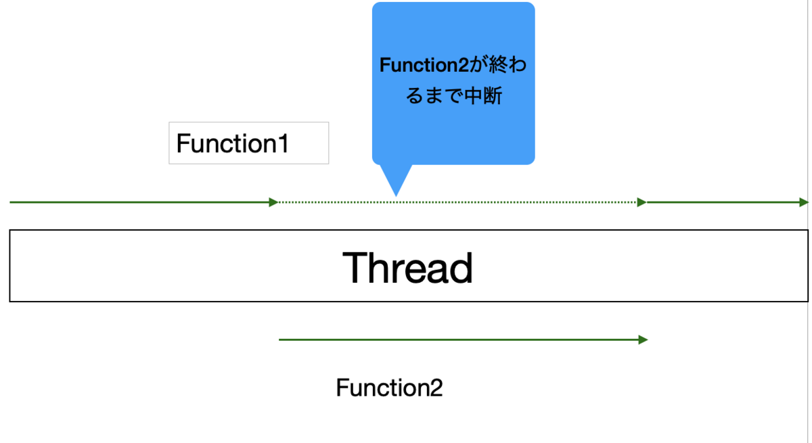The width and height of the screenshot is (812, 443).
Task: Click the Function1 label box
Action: (x=249, y=143)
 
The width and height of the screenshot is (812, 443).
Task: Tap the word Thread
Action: (x=408, y=268)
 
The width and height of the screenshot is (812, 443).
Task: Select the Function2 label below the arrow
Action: (x=389, y=388)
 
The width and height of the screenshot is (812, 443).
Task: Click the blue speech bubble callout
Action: (x=453, y=84)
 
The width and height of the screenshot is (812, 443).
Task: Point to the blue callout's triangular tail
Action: (x=396, y=179)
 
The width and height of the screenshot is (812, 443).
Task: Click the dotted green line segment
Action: (x=457, y=202)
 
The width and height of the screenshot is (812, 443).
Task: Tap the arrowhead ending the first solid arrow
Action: (x=273, y=202)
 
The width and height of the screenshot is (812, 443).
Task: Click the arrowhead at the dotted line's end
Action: (x=641, y=202)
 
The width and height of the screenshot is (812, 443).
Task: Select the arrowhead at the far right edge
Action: (x=804, y=202)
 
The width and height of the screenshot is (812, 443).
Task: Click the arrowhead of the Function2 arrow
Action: (x=643, y=340)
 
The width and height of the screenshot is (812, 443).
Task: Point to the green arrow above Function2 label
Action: (x=464, y=340)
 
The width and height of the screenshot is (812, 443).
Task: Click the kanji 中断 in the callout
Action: (x=483, y=95)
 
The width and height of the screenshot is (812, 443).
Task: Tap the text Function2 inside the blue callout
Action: (x=424, y=65)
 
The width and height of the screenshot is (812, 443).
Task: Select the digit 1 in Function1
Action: (x=283, y=143)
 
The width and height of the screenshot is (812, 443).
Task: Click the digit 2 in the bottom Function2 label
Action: (x=436, y=388)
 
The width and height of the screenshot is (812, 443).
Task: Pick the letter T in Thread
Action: (x=355, y=268)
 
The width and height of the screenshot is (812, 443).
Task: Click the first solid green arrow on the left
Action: (x=144, y=202)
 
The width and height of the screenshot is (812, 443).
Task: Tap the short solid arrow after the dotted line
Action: (x=727, y=202)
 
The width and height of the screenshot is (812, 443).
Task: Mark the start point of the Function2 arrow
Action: (x=279, y=340)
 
